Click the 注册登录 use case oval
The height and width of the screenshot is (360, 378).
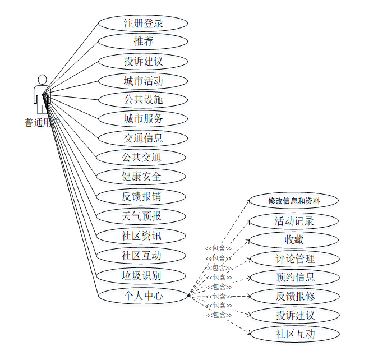point(143,23)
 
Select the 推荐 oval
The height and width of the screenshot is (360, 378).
point(143,41)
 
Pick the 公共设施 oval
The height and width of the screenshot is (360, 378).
point(142,100)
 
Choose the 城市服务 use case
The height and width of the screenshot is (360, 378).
point(142,118)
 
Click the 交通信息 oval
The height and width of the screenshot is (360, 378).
point(142,138)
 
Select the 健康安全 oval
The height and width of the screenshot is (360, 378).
point(141,176)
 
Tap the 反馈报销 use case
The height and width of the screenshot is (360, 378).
point(141,196)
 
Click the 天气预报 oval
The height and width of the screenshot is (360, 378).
point(141,216)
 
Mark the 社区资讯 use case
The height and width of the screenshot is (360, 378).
point(141,236)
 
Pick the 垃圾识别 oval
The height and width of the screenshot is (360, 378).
point(141,275)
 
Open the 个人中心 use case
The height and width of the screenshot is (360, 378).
point(142,295)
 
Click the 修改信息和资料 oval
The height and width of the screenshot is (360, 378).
point(294,201)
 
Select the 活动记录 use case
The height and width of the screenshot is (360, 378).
point(294,220)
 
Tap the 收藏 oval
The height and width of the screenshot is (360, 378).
point(294,240)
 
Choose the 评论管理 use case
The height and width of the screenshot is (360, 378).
point(294,259)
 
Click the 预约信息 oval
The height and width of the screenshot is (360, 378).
point(294,277)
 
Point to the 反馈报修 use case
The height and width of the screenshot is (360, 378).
point(294,296)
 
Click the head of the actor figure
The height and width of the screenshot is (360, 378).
point(42,79)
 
